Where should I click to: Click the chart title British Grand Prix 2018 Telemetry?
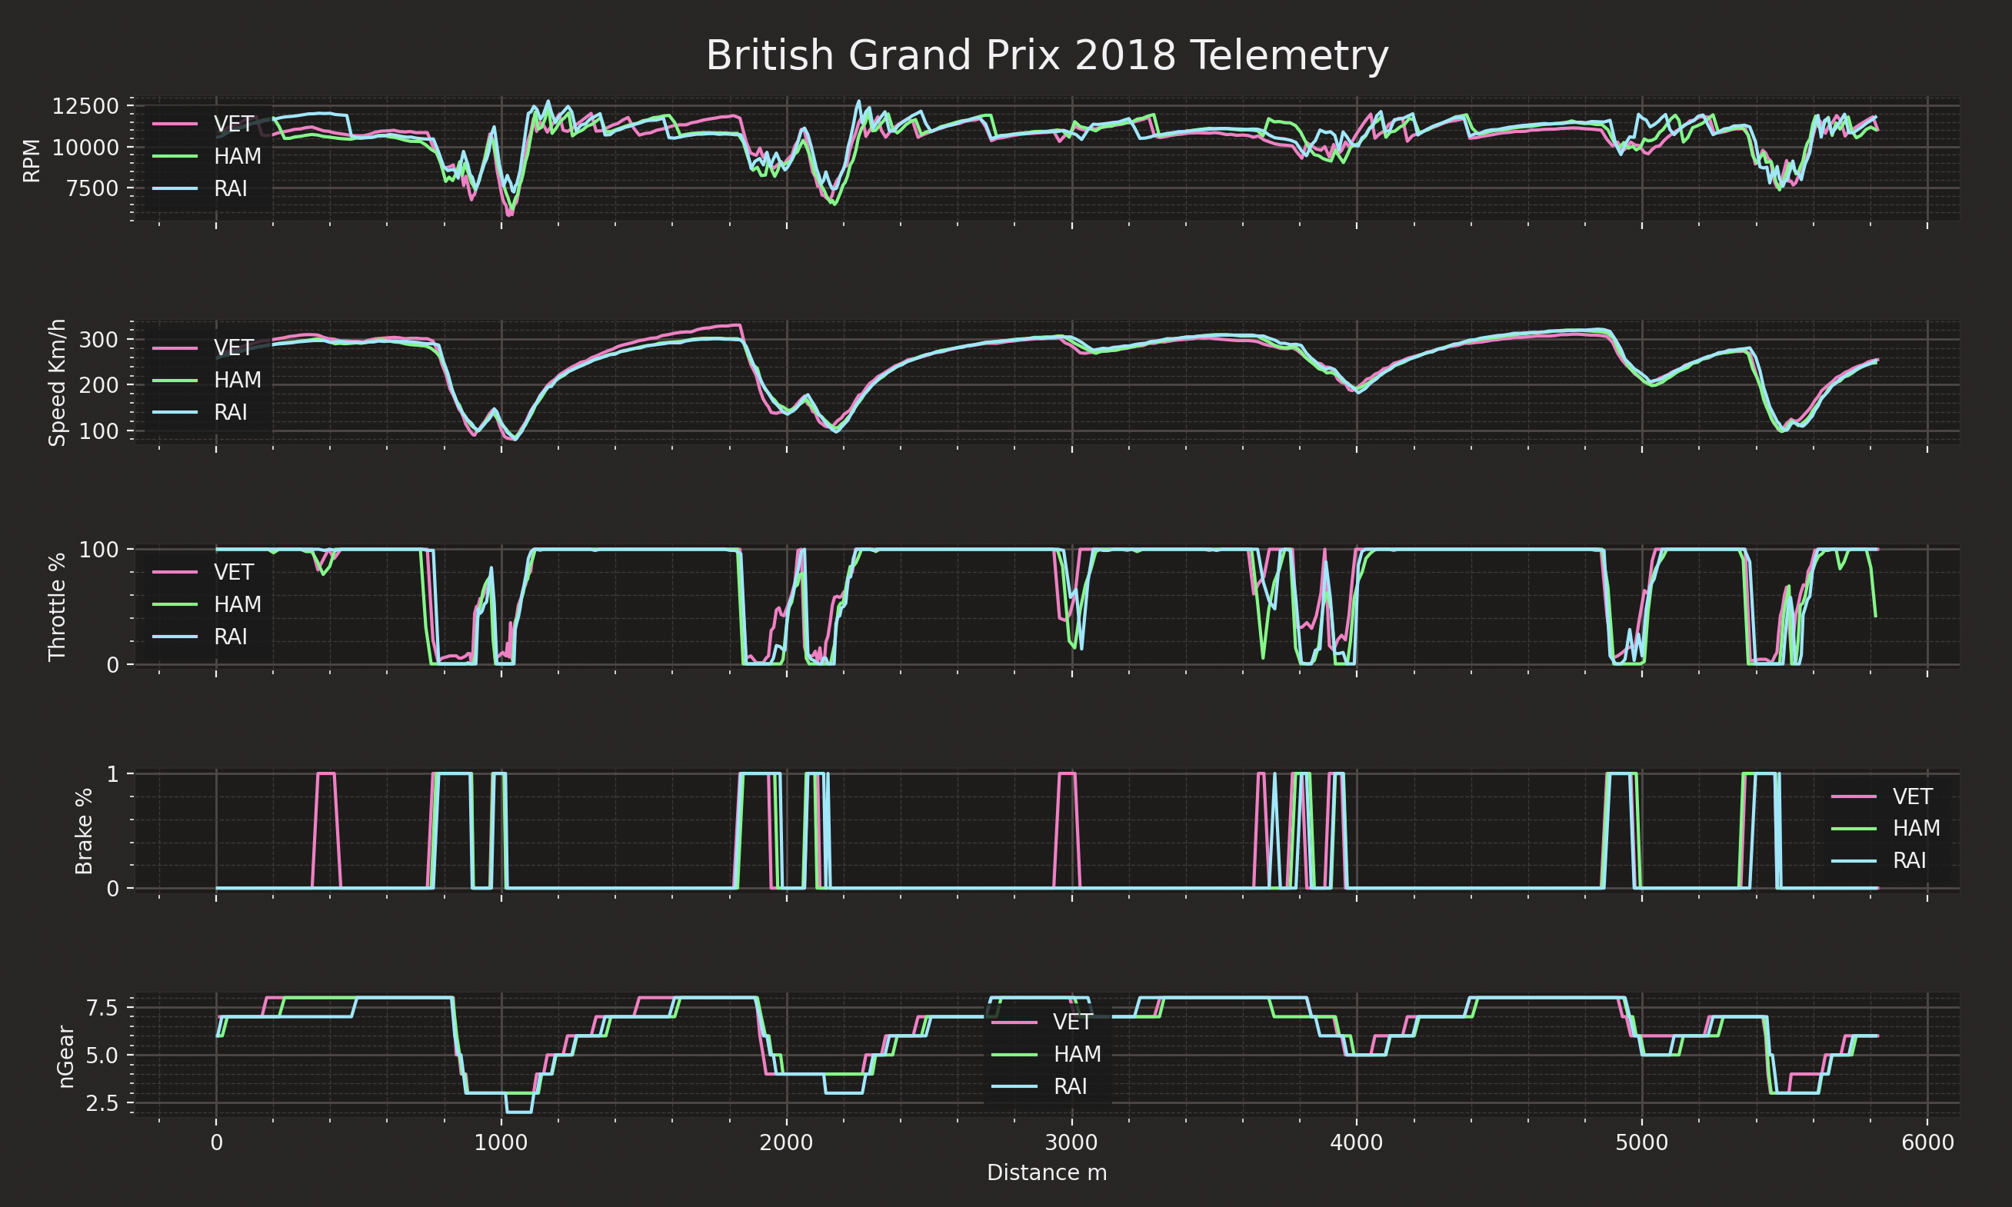(x=1046, y=56)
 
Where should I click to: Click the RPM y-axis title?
(x=32, y=160)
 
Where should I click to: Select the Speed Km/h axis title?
(x=57, y=382)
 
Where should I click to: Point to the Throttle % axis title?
(x=57, y=607)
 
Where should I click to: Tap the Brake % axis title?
(x=84, y=831)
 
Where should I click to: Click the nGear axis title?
(x=66, y=1056)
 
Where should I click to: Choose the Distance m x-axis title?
(x=1046, y=1172)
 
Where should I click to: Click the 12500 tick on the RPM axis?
(x=85, y=107)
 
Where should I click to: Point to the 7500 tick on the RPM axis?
(x=91, y=188)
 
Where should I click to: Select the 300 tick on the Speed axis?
(x=98, y=340)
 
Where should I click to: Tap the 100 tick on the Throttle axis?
(x=98, y=550)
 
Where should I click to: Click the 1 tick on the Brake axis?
(x=112, y=774)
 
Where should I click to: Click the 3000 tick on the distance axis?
(x=1071, y=1142)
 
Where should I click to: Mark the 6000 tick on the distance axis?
(x=1927, y=1142)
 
